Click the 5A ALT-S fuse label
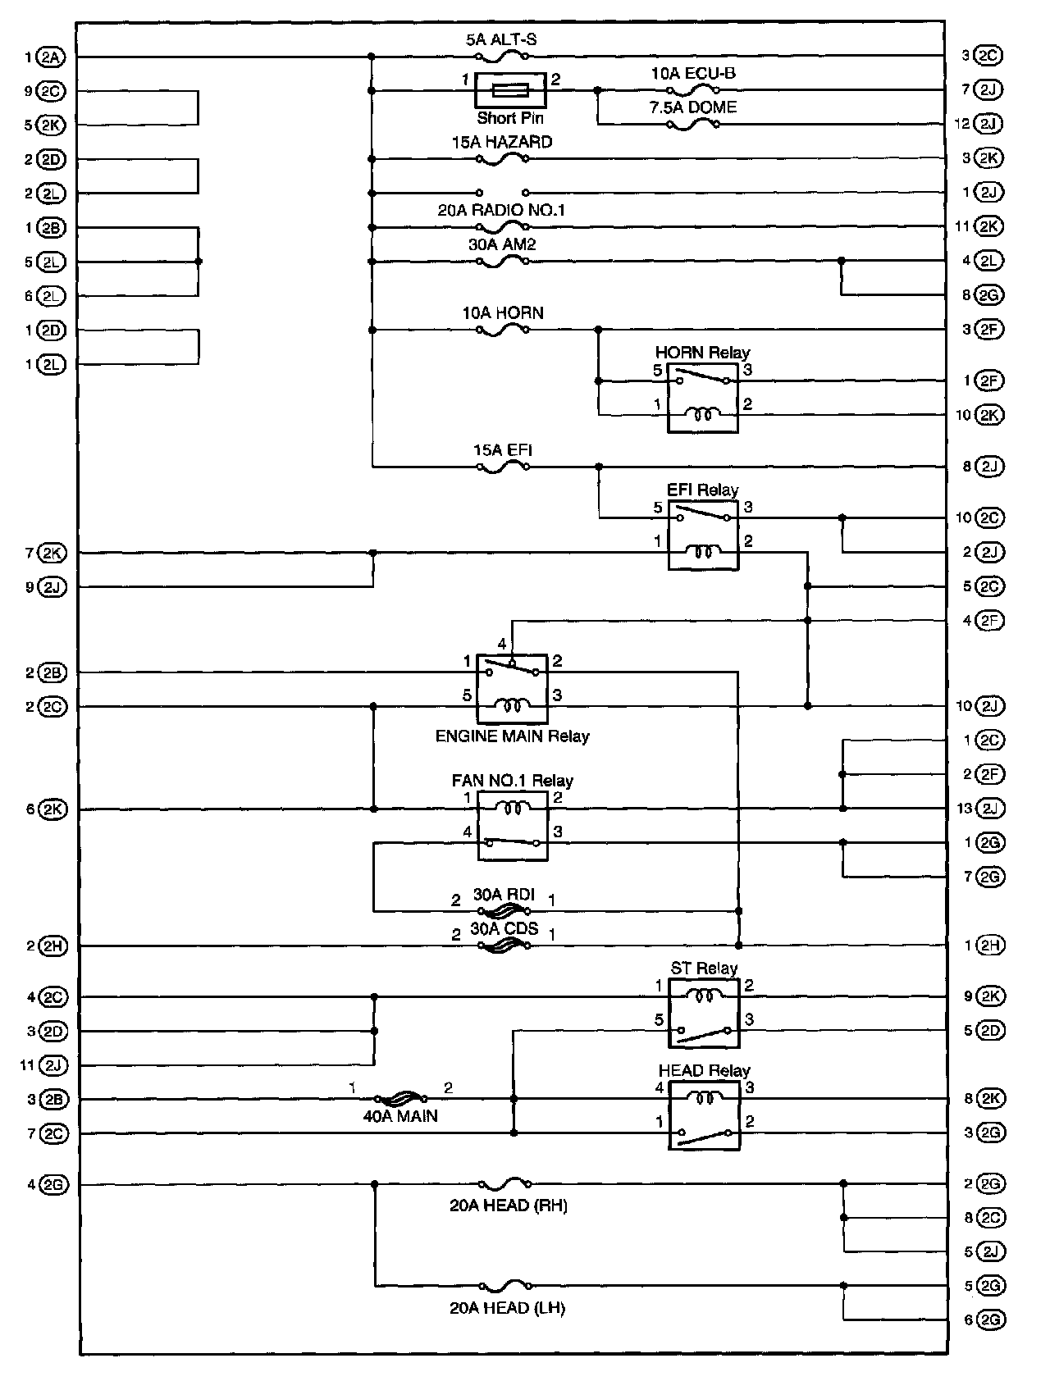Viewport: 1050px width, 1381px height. pos(501,39)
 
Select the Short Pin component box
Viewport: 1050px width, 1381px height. pos(509,90)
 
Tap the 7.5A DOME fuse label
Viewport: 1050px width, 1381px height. pos(693,107)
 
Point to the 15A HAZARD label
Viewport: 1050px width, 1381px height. pos(501,142)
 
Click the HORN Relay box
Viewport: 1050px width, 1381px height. pos(702,398)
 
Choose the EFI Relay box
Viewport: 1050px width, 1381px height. pos(702,536)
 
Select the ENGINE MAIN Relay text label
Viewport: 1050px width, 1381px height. pos(512,736)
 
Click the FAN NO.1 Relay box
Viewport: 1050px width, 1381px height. pos(513,826)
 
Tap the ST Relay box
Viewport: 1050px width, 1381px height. pos(704,1013)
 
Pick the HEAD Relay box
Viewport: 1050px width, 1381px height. pos(704,1115)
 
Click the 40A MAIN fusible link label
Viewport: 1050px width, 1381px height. pos(400,1116)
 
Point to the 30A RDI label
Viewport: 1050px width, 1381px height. pos(504,895)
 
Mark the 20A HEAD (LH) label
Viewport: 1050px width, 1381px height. pos(507,1308)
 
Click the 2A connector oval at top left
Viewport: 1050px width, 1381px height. pos(51,57)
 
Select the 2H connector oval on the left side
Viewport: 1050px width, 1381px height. pos(52,946)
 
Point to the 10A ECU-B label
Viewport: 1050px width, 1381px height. pos(693,73)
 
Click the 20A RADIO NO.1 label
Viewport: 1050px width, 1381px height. pos(501,211)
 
